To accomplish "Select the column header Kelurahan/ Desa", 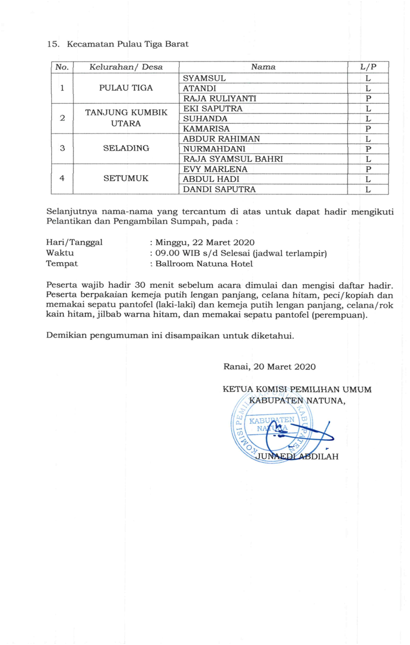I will (118, 68).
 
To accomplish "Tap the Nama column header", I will (263, 68).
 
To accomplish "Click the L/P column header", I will (367, 68).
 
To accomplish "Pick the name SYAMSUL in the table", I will (204, 78).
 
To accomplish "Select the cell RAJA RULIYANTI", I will (219, 98).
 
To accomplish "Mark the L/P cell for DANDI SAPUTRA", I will (367, 189).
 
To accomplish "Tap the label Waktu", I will (60, 253).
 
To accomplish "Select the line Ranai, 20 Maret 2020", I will (269, 366).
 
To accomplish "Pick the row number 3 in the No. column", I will (62, 149).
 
